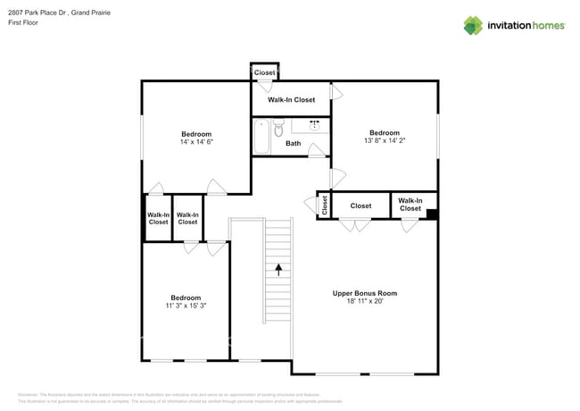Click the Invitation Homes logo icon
point(473,25)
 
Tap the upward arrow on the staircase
point(278,268)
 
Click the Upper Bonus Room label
point(364,293)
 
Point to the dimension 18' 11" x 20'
point(364,302)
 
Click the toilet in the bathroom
point(278,130)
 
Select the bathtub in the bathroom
point(261,137)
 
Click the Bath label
point(293,143)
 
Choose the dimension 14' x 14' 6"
point(196,142)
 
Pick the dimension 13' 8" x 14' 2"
point(385,140)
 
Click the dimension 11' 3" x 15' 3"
point(186,306)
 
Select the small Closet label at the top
point(264,72)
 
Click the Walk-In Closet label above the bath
point(291,100)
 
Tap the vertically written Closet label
point(324,205)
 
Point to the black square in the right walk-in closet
point(432,214)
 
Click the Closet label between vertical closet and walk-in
point(360,205)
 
